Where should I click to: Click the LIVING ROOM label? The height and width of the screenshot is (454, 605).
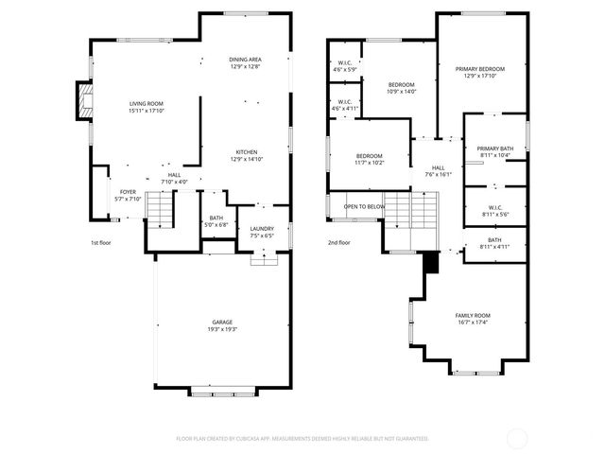click(147, 103)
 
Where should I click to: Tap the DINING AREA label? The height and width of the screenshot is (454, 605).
click(244, 60)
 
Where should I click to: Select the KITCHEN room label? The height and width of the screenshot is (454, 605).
click(246, 152)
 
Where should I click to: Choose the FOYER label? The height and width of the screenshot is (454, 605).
click(127, 191)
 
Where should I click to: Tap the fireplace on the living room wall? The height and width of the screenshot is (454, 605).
click(84, 102)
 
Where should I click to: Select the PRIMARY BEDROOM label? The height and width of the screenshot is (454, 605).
click(479, 69)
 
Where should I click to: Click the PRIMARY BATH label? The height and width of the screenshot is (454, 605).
click(494, 148)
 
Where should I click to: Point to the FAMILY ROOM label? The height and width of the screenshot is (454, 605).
click(473, 316)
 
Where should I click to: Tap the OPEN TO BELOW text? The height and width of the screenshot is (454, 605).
click(364, 206)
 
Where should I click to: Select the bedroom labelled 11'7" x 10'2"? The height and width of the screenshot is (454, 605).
click(369, 155)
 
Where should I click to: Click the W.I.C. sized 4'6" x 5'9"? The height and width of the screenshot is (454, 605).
click(345, 62)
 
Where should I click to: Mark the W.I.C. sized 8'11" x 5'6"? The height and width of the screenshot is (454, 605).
click(494, 210)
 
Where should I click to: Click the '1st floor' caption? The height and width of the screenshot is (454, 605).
click(101, 242)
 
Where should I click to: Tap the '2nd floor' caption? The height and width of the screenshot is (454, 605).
click(339, 242)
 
